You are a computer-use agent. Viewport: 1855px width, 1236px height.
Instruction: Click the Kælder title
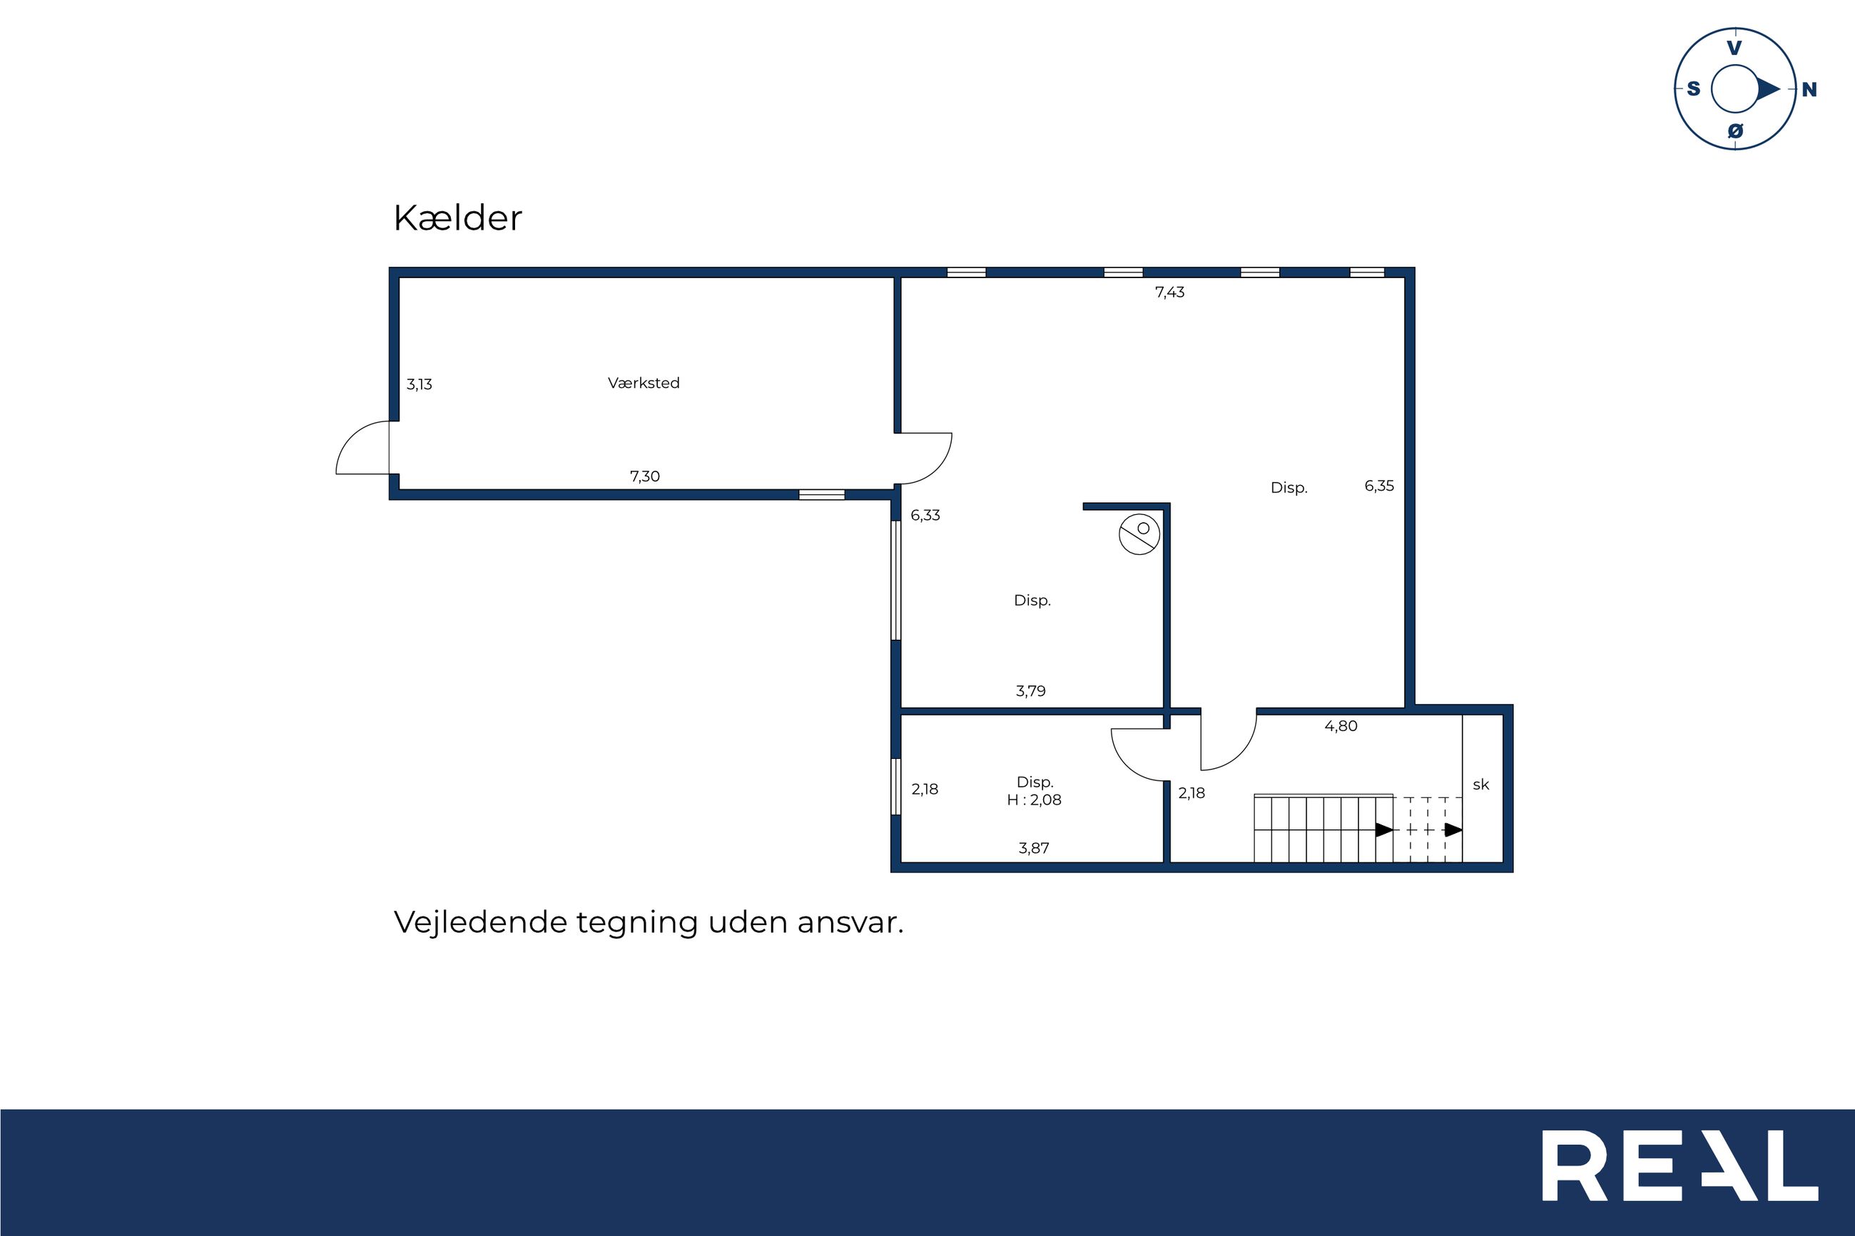tap(457, 218)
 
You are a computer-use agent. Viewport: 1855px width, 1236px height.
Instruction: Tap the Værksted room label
tap(644, 383)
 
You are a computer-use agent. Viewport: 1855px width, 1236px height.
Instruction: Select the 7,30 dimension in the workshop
tap(645, 476)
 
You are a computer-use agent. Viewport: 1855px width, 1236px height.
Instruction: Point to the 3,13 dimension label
tap(420, 384)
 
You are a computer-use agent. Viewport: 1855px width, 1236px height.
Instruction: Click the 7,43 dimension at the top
tap(1170, 292)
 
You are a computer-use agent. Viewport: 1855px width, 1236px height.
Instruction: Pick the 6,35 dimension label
tap(1380, 486)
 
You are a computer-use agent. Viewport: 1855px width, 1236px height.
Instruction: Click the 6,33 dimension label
tap(925, 516)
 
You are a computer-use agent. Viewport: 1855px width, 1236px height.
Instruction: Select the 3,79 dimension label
tap(1031, 691)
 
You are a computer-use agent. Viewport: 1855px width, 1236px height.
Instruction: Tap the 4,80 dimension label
tap(1341, 726)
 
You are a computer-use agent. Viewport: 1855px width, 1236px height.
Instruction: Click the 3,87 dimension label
tap(1035, 848)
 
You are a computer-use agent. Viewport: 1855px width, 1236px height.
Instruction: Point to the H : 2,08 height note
tap(1035, 800)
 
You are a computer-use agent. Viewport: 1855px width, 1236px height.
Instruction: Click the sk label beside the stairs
tap(1481, 785)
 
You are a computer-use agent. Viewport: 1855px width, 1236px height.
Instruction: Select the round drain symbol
tap(1140, 534)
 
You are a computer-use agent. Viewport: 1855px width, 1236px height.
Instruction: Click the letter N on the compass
tap(1809, 90)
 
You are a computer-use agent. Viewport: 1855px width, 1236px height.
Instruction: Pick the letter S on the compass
tap(1693, 89)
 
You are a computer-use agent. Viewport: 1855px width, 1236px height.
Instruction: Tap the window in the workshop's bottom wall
tap(821, 495)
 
